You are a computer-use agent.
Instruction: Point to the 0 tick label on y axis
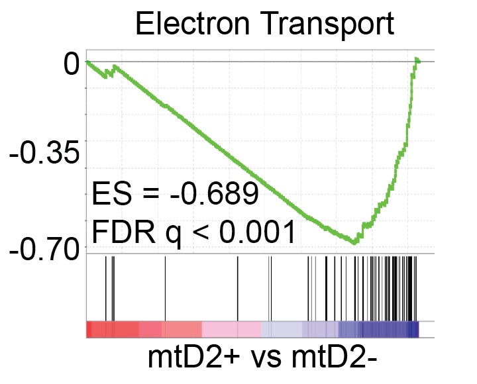[72, 65]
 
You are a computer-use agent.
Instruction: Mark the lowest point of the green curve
[356, 243]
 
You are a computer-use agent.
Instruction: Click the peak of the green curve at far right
[417, 60]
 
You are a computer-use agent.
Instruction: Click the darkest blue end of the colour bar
[415, 329]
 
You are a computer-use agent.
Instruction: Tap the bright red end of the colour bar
[99, 329]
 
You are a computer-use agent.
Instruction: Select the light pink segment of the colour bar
[231, 329]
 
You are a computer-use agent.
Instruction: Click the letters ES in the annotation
[105, 194]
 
